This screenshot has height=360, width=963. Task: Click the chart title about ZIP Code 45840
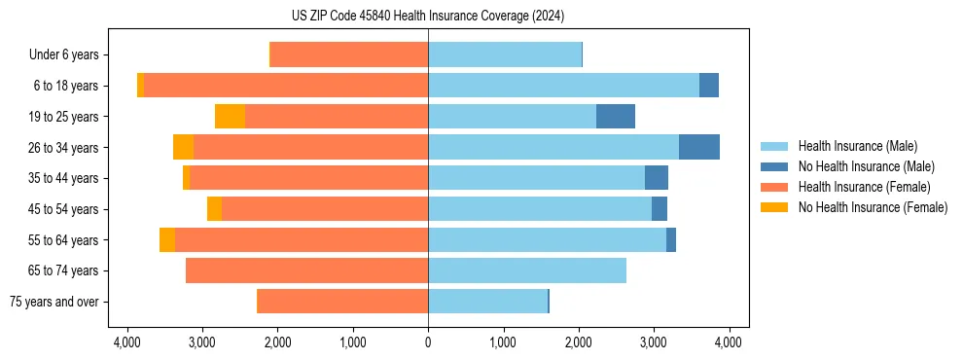click(428, 16)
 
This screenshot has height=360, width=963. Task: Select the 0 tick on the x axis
click(428, 342)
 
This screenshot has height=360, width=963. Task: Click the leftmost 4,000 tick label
click(126, 342)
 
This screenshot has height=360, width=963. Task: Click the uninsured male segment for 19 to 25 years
click(615, 117)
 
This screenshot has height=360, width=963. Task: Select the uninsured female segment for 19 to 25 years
click(230, 117)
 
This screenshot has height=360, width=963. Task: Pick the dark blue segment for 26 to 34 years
click(698, 147)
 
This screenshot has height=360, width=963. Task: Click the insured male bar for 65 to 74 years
click(526, 270)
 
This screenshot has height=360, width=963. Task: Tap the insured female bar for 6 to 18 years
click(286, 86)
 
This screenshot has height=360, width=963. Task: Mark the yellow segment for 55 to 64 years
click(167, 239)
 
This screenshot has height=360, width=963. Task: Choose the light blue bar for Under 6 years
click(505, 55)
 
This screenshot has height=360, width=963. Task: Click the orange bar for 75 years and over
click(342, 302)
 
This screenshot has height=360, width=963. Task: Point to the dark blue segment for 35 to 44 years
click(656, 178)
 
